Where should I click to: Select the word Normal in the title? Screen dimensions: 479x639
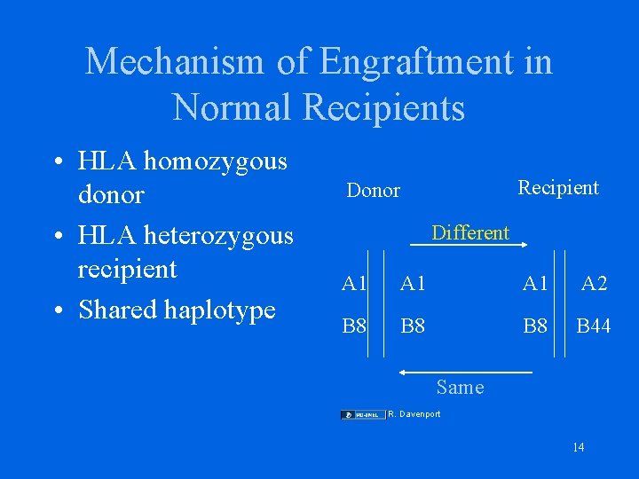coord(232,107)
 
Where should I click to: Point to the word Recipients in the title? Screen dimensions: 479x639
coord(384,107)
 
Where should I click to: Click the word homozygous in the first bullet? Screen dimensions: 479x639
coord(216,161)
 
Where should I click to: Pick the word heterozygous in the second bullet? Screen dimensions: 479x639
coord(219,235)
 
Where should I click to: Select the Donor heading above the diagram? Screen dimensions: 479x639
coord(373,191)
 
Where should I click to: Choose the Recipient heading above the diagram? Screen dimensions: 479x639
coord(558,187)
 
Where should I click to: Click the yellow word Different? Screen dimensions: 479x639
coord(469,232)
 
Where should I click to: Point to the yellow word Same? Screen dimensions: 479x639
coord(461,387)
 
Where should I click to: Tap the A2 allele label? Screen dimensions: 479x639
coord(594,283)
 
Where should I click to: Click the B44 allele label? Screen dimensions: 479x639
coord(594,326)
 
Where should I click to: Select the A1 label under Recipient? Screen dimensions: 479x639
coord(535,283)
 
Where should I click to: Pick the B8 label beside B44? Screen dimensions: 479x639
coord(535,326)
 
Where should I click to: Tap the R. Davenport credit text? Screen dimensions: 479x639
coord(414,414)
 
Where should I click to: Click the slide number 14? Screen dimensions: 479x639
coord(579,447)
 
